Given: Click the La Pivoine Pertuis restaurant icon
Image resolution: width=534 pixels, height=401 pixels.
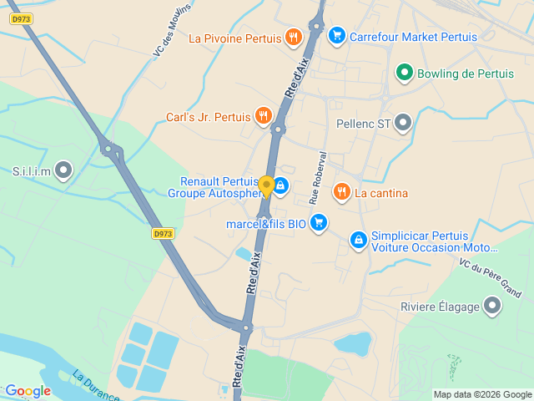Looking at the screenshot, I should point(293,37).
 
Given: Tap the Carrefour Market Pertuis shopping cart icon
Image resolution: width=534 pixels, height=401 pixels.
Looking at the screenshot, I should point(337,35).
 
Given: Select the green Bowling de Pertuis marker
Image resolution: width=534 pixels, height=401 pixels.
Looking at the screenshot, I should point(404,74).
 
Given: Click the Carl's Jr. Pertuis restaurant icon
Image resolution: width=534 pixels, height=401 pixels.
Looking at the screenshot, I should point(264,116).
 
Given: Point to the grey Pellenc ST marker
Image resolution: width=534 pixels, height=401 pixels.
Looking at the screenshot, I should point(403,124).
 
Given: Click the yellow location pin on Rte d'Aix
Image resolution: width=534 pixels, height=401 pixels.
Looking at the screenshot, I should point(266,185).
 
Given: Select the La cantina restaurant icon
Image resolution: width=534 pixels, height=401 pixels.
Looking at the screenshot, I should point(341,193).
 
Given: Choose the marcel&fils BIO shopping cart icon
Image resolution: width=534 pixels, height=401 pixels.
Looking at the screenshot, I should point(318,222).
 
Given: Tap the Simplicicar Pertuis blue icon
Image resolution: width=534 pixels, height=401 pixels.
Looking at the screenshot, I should point(358,241).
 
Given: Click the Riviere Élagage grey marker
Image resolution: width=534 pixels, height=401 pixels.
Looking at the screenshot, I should point(492,306).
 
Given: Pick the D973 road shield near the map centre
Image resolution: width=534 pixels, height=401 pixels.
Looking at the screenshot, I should point(164,234).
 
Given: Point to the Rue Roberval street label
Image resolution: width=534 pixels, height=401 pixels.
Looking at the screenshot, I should point(316,177).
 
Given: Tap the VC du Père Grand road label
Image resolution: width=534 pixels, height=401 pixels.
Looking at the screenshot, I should point(491,278).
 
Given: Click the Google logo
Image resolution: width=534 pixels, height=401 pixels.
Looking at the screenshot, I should point(28,391).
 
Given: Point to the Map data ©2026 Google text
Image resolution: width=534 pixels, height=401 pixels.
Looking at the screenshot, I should point(481,394).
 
